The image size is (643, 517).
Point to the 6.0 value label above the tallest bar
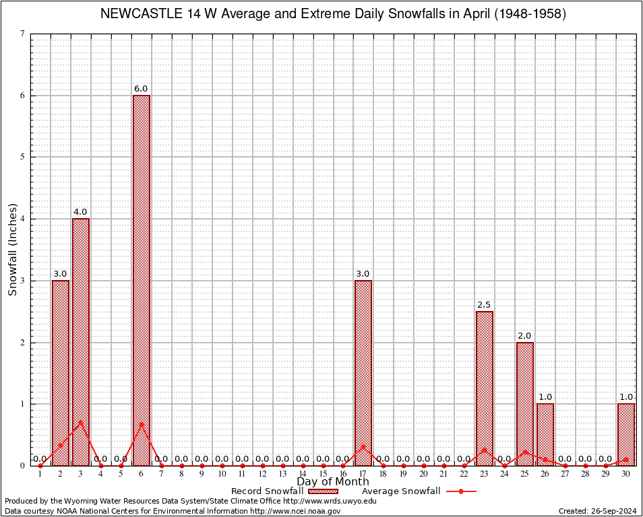tap(141, 89)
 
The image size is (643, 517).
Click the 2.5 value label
tap(484, 305)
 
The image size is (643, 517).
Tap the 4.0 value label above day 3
tap(80, 212)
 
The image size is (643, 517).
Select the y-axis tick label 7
tap(23, 34)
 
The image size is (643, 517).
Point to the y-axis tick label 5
tap(23, 157)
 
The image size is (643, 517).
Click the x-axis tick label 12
tap(262, 475)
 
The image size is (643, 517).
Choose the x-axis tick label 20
tap(424, 475)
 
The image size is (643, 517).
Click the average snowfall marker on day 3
tap(81, 423)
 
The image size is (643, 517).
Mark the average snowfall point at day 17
tap(363, 446)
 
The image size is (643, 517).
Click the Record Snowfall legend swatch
tap(324, 491)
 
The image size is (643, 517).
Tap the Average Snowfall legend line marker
tap(460, 491)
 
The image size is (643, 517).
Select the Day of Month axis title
tap(333, 482)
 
